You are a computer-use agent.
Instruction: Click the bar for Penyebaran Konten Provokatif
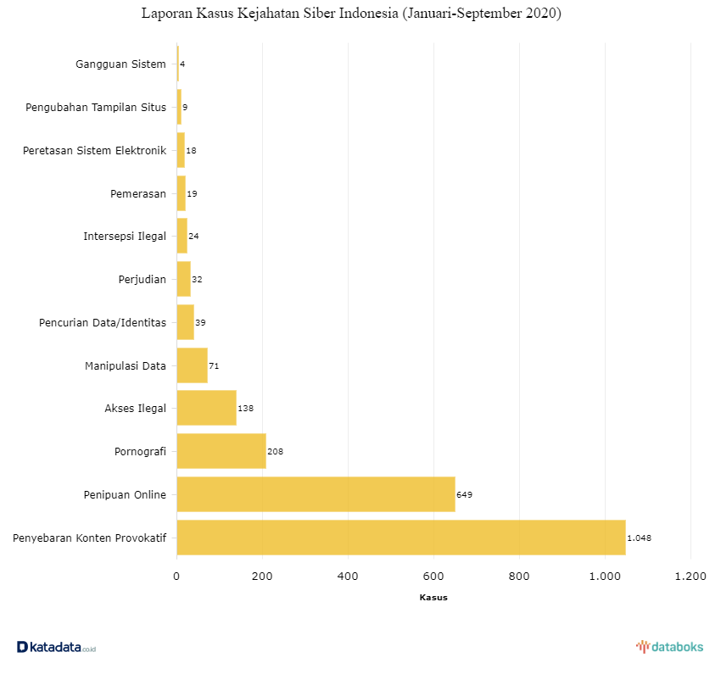(x=400, y=538)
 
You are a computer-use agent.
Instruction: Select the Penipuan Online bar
(x=316, y=494)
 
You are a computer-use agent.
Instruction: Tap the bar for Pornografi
(x=221, y=451)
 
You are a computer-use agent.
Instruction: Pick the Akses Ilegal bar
(x=206, y=408)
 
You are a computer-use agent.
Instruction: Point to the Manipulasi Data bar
(x=192, y=365)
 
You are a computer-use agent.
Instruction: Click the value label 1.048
(x=639, y=538)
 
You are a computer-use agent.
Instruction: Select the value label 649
(x=464, y=494)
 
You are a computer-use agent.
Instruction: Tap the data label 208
(x=275, y=451)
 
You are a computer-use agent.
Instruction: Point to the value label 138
(x=245, y=408)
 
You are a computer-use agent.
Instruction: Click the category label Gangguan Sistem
(x=120, y=64)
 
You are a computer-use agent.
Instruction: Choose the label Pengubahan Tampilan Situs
(x=96, y=108)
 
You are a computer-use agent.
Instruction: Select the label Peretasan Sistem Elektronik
(x=94, y=151)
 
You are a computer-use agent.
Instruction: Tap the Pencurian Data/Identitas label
(x=103, y=322)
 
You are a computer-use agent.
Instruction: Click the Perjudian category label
(x=143, y=279)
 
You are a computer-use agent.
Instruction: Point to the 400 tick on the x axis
(x=348, y=577)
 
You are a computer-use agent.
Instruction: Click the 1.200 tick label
(x=690, y=577)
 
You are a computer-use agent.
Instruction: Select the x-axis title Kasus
(x=433, y=598)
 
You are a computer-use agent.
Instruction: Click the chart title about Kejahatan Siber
(x=351, y=14)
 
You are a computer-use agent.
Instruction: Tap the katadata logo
(x=56, y=647)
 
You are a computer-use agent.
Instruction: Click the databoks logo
(x=669, y=647)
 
